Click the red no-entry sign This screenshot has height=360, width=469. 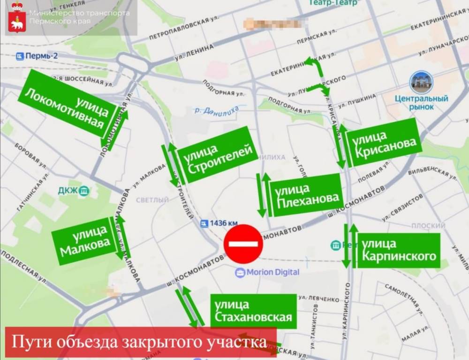[x=243, y=244]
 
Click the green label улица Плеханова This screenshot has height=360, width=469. [x=305, y=194]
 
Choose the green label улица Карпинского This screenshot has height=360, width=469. [x=399, y=250]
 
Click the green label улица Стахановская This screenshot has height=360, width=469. [x=253, y=311]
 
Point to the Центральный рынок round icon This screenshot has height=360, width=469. [x=421, y=83]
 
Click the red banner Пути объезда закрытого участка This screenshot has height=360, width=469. [x=140, y=342]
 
